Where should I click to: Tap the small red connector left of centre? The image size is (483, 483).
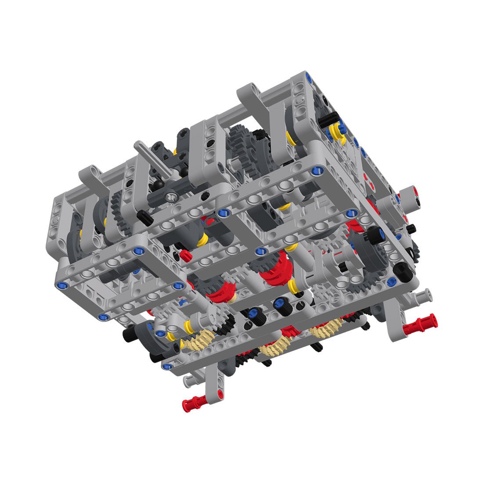click(185, 254)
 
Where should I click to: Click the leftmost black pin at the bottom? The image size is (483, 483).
click(128, 336)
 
